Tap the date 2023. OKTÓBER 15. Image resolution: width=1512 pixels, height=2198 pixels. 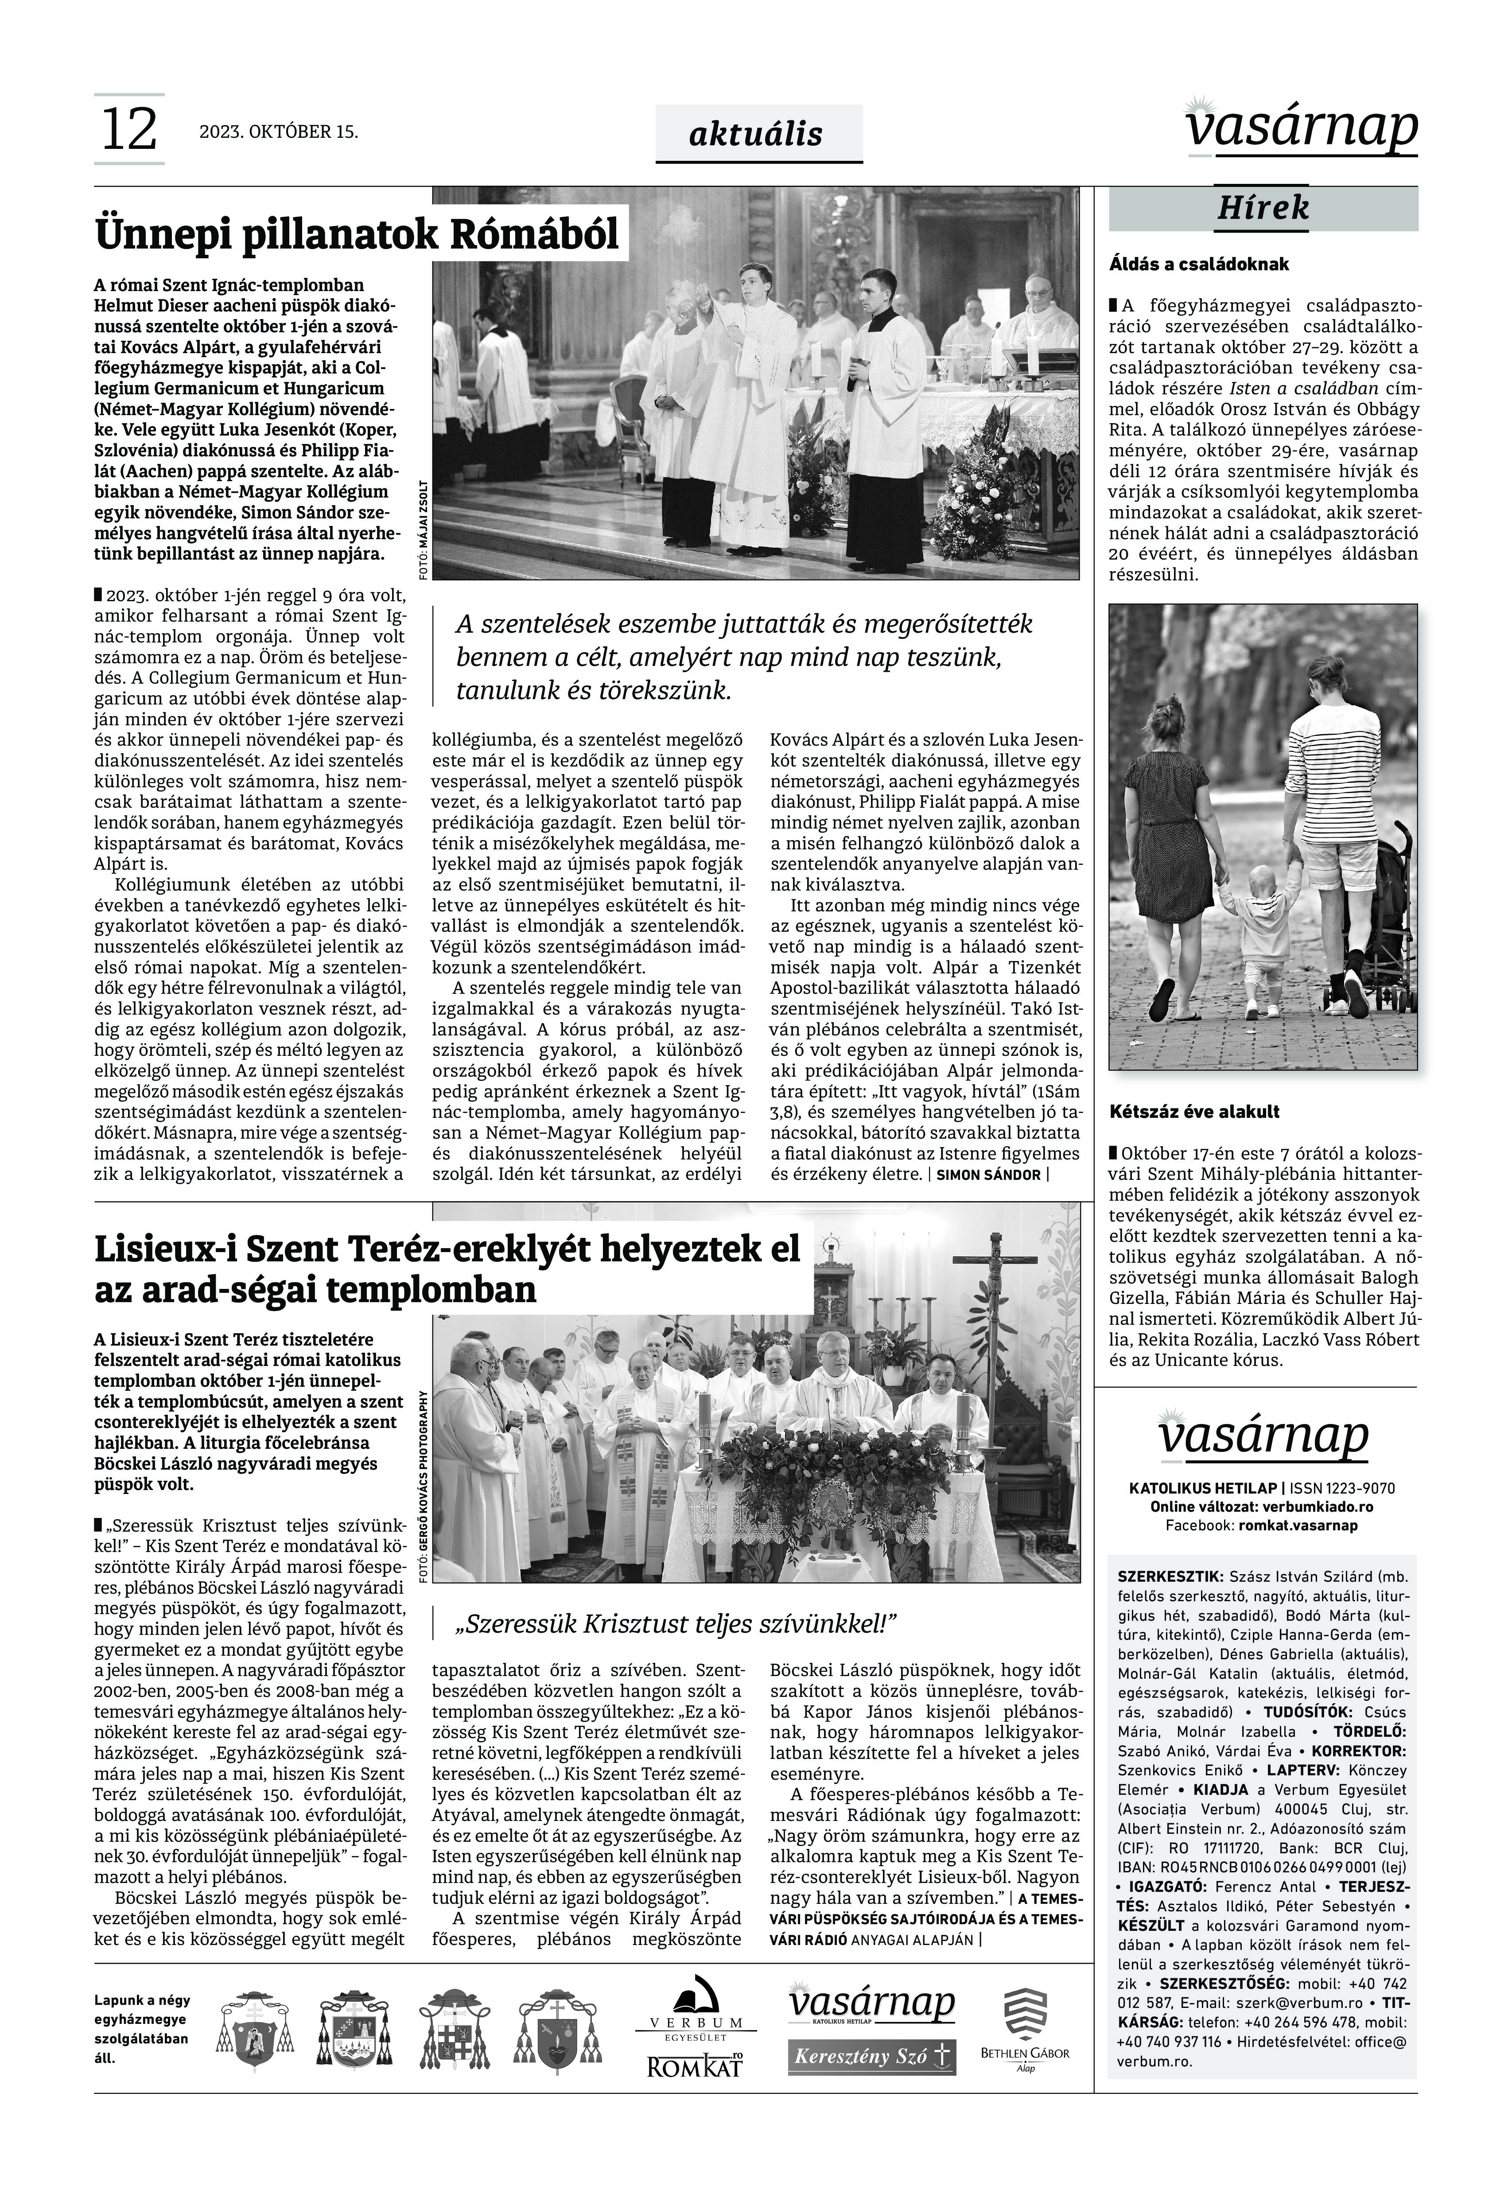tap(279, 132)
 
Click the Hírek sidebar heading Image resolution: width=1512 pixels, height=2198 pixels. tap(1263, 207)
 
